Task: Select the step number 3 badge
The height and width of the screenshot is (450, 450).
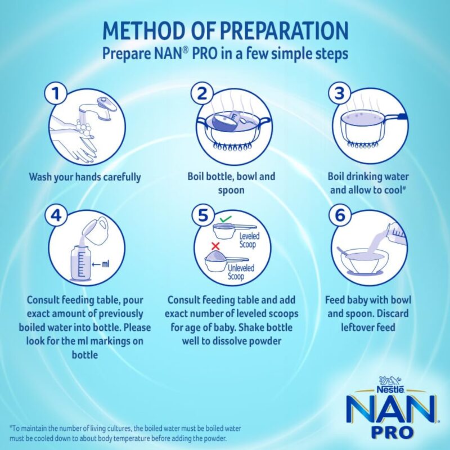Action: pos(338,94)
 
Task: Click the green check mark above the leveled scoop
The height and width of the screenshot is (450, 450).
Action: pos(224,218)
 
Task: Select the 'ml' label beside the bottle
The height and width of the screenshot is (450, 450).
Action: pos(104,263)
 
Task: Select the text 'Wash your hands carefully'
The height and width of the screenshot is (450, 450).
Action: pos(85,177)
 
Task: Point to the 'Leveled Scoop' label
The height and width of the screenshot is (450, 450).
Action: pos(247,240)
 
